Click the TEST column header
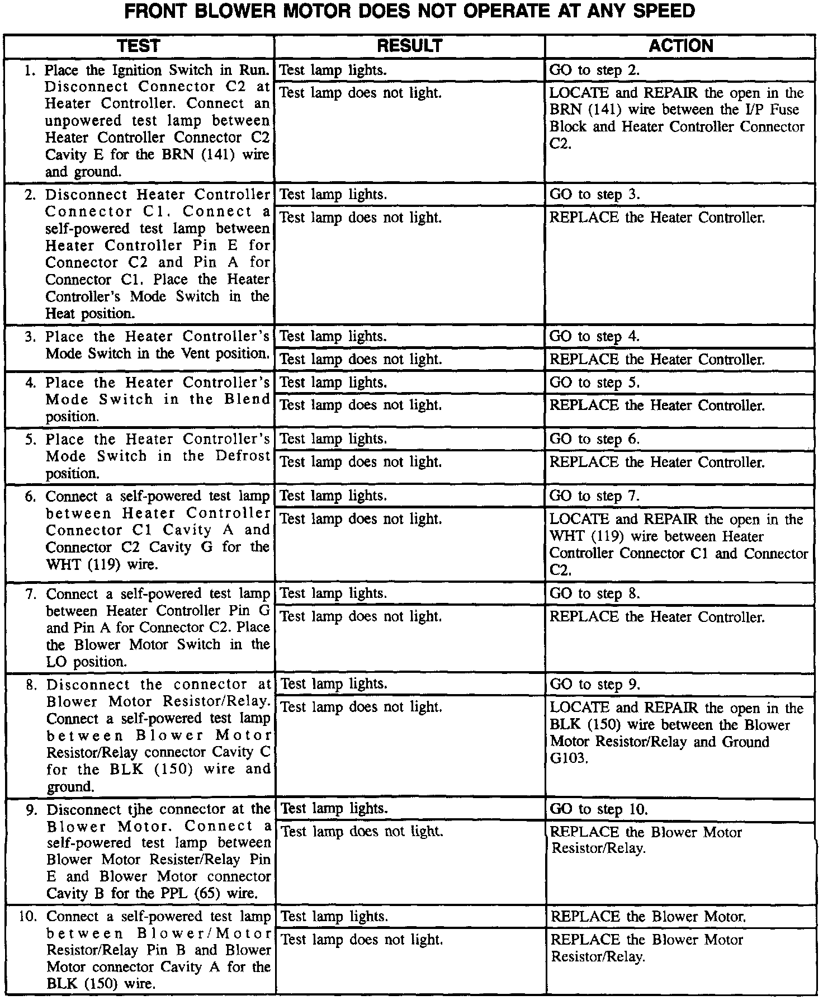pos(139,46)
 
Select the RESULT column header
pos(409,46)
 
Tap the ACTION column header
pos(680,46)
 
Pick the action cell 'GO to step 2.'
pos(594,70)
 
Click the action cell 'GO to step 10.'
pos(599,809)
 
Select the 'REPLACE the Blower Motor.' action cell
pos(648,917)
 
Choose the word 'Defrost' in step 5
pos(243,456)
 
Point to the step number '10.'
pos(30,917)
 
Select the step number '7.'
pos(32,593)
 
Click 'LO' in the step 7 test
pos(56,662)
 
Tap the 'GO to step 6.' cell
pos(594,439)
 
